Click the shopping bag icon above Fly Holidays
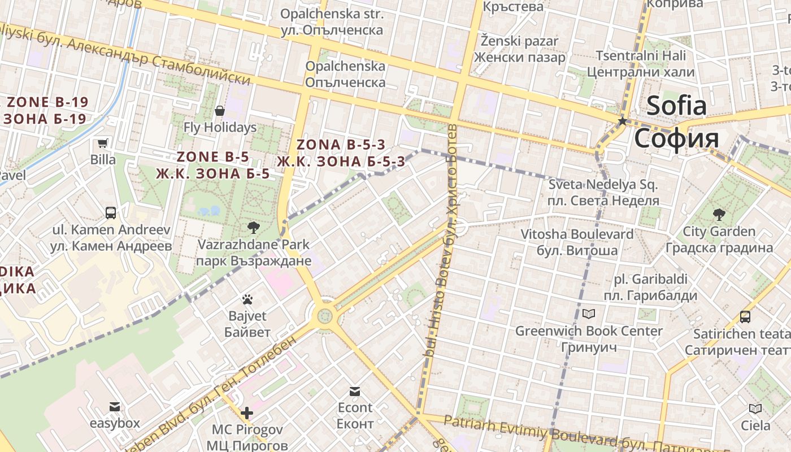[x=220, y=111]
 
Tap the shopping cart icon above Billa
[x=102, y=144]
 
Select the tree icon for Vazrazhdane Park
[x=254, y=228]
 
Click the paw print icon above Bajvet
[x=247, y=299]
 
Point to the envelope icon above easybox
[x=115, y=407]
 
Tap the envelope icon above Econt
[x=355, y=392]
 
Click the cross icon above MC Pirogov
[x=246, y=413]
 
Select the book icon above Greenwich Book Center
[x=589, y=314]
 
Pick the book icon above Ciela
[x=755, y=408]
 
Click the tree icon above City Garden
[x=719, y=215]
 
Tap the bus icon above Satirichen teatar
[x=745, y=317]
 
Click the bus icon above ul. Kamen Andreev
[x=111, y=213]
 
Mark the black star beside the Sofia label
[x=622, y=121]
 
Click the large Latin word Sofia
[x=676, y=106]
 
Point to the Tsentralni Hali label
[x=641, y=56]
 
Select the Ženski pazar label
[x=519, y=41]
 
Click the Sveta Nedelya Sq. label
[x=603, y=185]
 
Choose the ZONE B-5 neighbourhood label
[x=213, y=157]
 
